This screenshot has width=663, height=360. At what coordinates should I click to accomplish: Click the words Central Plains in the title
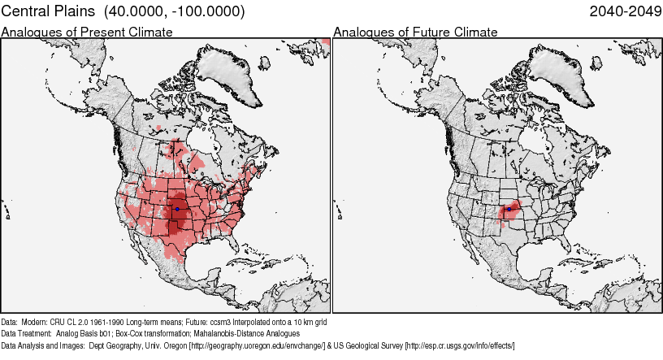(42, 11)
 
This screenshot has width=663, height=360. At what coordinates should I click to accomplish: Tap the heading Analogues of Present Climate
(87, 32)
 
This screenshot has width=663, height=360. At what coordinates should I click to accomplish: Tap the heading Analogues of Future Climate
(415, 32)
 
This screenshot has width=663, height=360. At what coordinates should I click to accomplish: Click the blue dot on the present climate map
(177, 209)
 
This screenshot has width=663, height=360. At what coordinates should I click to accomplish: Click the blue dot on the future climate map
(509, 209)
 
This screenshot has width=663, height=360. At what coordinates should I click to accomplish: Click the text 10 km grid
(310, 322)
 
